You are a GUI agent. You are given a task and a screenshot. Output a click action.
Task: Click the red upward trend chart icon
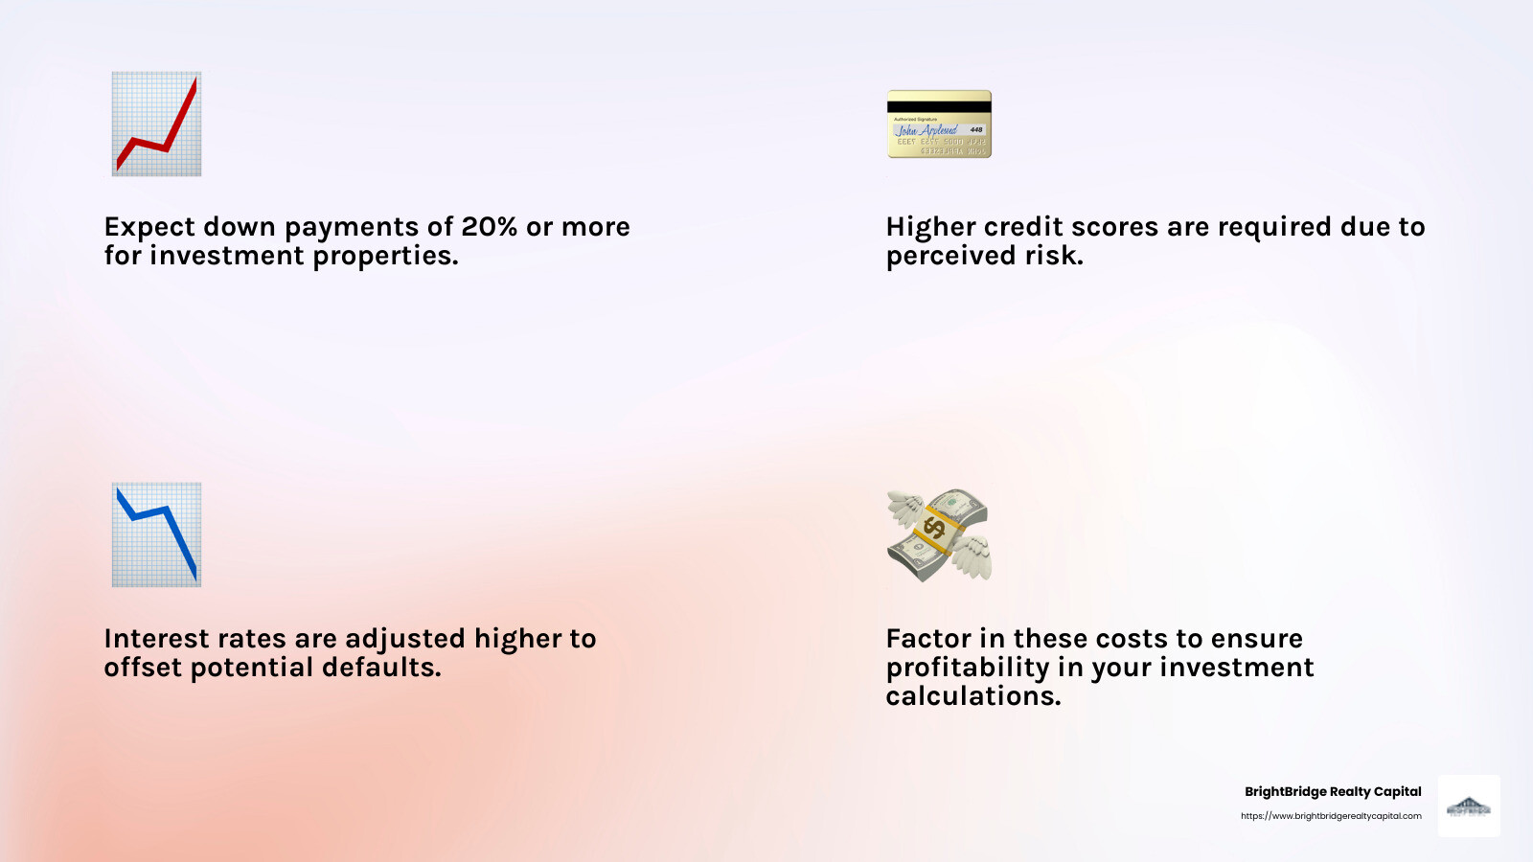click(156, 124)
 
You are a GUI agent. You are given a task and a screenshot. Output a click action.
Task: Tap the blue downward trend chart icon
click(156, 534)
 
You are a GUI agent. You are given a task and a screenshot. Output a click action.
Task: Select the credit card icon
click(939, 125)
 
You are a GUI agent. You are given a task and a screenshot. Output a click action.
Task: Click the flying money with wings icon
click(939, 534)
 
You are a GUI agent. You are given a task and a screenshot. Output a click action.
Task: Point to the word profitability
click(968, 668)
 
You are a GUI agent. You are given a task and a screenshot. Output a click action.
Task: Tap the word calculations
click(972, 696)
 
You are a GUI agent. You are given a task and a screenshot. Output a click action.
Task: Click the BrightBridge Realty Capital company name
click(1333, 792)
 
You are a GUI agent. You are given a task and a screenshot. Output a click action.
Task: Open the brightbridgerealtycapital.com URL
click(1331, 816)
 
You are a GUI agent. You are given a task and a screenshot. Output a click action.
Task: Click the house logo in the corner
click(1469, 806)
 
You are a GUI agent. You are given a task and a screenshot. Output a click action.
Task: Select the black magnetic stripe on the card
click(939, 106)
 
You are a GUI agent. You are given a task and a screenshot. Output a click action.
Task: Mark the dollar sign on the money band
click(934, 527)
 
